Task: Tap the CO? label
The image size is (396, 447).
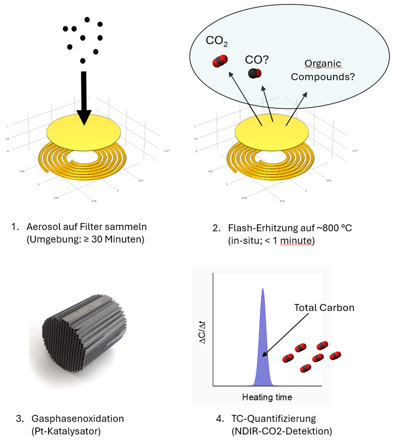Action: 257,60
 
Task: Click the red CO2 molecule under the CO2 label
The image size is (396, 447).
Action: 219,62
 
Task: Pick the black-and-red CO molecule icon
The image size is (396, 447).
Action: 255,74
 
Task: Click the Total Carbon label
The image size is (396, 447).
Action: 324,307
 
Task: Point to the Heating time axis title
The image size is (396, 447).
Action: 267,397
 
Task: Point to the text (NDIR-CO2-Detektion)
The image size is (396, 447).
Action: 282,431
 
